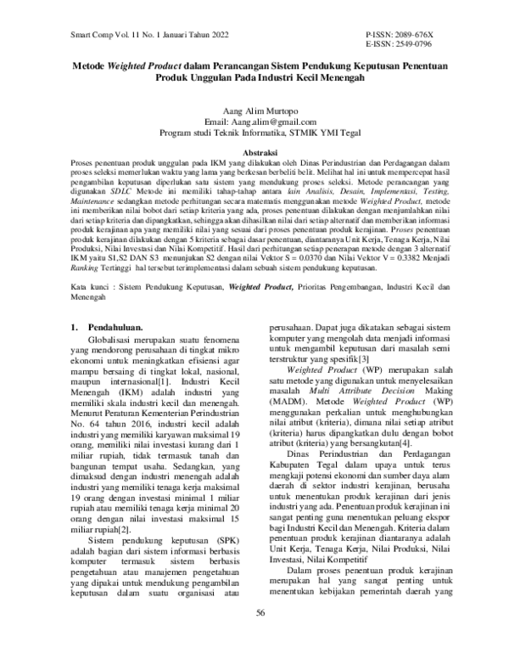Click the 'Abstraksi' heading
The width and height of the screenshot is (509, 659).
point(255,150)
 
